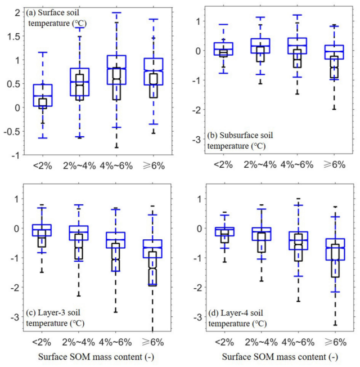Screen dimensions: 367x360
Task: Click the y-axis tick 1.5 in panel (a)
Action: click(12, 36)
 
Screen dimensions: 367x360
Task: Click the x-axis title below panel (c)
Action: click(97, 357)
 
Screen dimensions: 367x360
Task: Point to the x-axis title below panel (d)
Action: click(280, 357)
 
